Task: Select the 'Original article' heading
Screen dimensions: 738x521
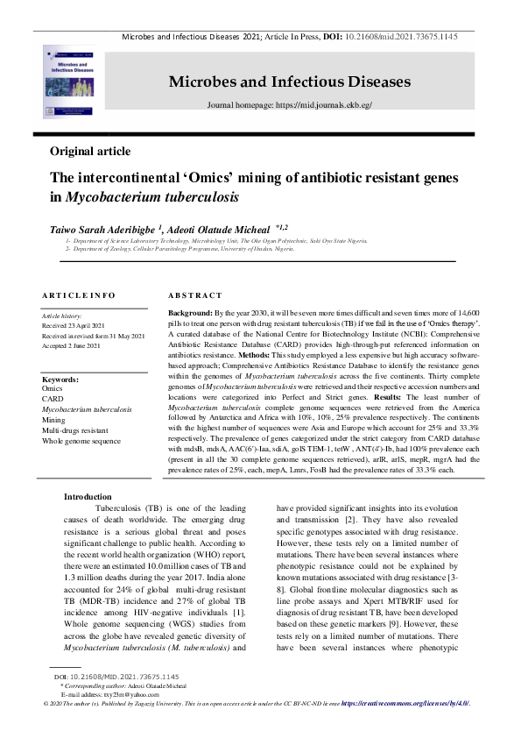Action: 90,152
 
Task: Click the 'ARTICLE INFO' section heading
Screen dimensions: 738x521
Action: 79,295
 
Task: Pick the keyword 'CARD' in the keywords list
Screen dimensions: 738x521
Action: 53,398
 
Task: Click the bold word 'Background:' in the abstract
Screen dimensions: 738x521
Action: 190,313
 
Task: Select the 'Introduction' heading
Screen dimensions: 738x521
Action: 88,497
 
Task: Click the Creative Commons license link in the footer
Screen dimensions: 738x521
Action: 411,703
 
